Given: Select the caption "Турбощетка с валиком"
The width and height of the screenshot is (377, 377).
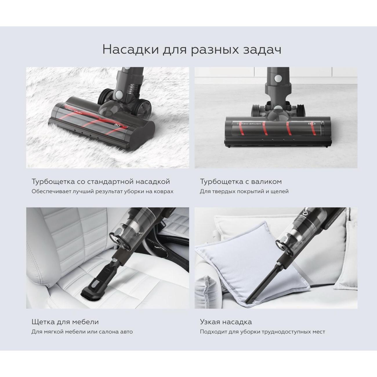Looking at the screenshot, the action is coord(241,181).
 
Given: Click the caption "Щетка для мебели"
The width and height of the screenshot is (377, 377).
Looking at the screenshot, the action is coord(65,322).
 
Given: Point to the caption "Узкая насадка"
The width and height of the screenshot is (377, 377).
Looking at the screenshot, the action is coord(226,322).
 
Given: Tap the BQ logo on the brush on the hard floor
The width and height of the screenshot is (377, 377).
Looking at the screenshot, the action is coord(312,124).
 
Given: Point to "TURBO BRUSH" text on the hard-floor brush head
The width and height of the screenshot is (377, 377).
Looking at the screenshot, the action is coord(249,124).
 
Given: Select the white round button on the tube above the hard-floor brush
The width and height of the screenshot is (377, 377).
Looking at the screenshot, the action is coord(278,79).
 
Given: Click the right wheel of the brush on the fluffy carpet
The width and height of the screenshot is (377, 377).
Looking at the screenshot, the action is coord(145,108).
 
